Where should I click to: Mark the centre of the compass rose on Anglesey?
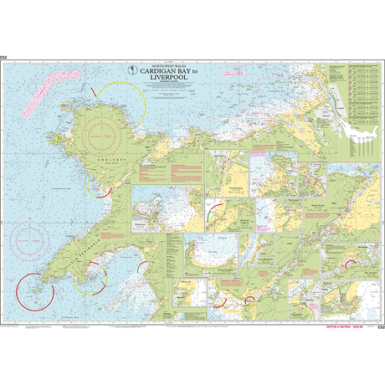[x=105, y=132]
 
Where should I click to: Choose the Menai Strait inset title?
[x=316, y=203]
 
